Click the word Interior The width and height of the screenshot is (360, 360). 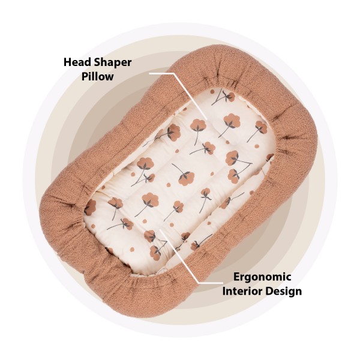pos(243,292)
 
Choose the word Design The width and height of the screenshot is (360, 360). pos(284,292)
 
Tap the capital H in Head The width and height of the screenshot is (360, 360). pos(67,62)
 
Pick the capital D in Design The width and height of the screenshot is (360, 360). pos(271,292)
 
